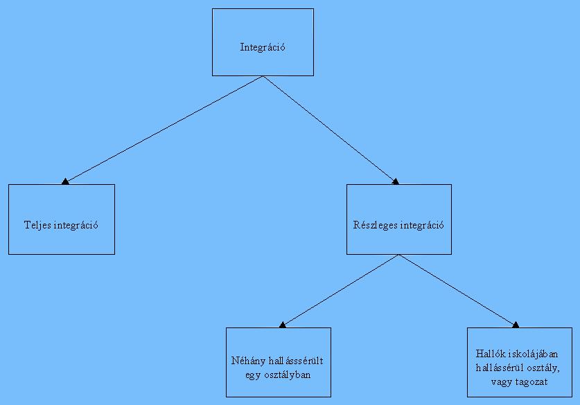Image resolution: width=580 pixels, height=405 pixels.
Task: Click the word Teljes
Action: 36,226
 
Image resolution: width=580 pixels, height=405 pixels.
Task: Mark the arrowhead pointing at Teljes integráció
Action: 64,181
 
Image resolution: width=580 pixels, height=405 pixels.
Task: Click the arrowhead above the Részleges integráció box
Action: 396,181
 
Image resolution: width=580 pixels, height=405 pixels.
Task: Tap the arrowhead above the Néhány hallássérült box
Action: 282,324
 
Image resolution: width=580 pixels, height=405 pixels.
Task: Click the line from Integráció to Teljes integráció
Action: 164,129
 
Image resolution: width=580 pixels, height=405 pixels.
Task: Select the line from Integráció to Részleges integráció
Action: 329,129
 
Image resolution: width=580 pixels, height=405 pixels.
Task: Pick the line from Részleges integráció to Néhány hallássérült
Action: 340,289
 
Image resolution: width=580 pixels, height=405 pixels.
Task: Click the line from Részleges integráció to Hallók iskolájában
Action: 457,289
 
